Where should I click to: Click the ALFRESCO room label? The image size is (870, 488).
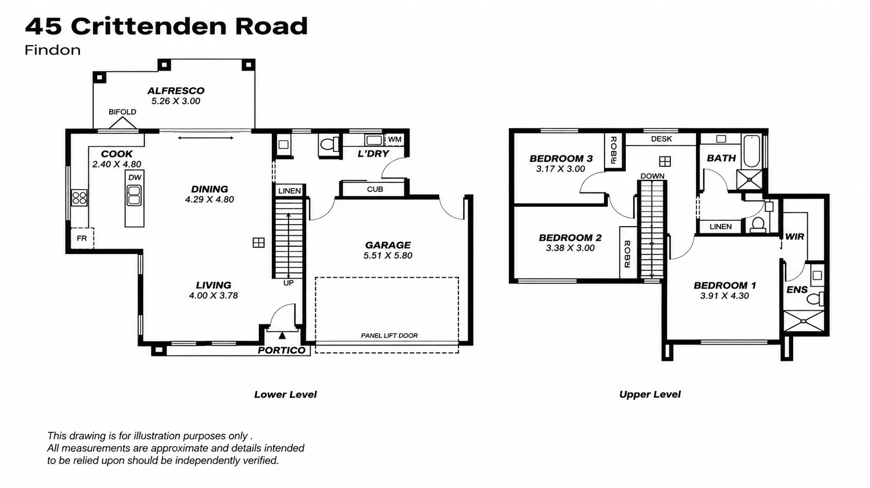tap(176, 90)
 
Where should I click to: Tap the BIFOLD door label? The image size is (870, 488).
tap(122, 112)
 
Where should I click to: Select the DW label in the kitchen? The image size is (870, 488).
tap(135, 178)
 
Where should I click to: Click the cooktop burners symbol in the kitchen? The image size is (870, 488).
tap(79, 198)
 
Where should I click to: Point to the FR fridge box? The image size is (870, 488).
tap(82, 238)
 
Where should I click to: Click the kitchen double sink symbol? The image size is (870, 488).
tap(134, 195)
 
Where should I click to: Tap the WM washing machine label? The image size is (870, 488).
tap(394, 139)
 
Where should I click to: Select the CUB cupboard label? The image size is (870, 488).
tap(375, 189)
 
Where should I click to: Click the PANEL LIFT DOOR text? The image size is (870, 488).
tap(389, 335)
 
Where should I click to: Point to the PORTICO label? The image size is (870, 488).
tap(282, 350)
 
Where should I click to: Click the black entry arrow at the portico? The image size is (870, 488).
tap(282, 335)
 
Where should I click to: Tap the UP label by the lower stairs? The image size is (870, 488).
tap(288, 283)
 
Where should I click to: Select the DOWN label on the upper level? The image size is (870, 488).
tap(652, 176)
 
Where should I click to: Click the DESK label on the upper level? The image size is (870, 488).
tap(661, 139)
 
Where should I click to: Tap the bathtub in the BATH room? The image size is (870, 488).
tap(753, 152)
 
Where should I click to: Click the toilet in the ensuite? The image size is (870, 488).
tap(815, 298)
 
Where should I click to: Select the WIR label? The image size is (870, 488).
tap(794, 236)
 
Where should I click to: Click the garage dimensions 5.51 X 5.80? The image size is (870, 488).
tap(388, 255)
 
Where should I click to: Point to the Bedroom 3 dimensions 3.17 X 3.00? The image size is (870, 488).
tap(560, 168)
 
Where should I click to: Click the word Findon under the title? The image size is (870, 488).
tap(53, 50)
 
